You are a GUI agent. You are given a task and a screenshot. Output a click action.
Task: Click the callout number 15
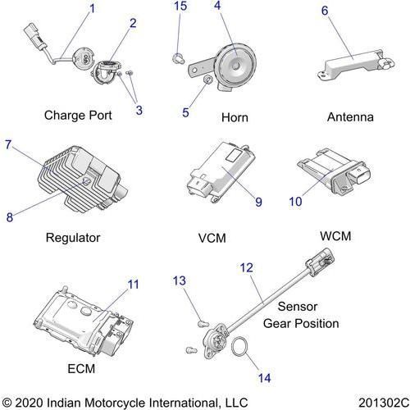(180, 6)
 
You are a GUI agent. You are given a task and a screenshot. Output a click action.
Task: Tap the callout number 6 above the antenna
(325, 11)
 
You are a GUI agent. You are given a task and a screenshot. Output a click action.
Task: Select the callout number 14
(265, 378)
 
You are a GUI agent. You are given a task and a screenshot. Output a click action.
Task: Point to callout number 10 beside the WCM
(295, 202)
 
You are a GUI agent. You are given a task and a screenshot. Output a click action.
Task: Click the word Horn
(235, 117)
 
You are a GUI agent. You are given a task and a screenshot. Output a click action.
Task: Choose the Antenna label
(350, 117)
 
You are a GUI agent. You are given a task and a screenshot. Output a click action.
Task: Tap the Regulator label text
(73, 238)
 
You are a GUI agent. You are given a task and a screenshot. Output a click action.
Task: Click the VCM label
(212, 238)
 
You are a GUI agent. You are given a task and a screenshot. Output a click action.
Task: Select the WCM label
(335, 236)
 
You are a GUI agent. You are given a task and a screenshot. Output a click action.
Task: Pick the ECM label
(81, 369)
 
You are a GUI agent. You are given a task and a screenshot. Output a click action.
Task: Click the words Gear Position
(301, 324)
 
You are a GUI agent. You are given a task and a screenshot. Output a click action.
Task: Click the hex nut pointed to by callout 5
(208, 80)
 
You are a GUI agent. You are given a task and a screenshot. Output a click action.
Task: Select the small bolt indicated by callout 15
(178, 58)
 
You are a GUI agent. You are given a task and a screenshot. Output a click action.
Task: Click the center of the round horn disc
(236, 66)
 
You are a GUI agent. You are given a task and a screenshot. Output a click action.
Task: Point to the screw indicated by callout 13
(203, 324)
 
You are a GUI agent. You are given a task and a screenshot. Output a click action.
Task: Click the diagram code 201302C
(384, 403)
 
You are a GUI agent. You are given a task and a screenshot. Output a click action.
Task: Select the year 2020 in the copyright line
(29, 403)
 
